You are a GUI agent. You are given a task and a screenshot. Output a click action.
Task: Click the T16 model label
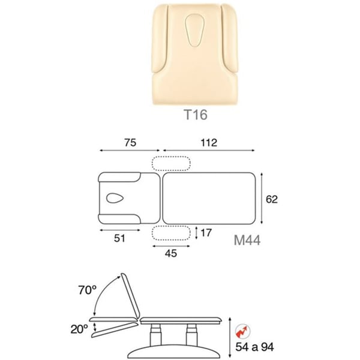(196, 115)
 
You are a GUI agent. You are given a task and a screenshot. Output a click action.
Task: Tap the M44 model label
(247, 241)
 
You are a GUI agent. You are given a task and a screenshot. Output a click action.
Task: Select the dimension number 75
(130, 143)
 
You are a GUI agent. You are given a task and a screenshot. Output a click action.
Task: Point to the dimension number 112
(209, 143)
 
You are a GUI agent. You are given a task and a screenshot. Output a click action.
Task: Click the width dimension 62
(272, 199)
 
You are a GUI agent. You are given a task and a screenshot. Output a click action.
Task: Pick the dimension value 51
(119, 238)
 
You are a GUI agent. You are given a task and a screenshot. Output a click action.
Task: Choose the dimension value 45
(171, 253)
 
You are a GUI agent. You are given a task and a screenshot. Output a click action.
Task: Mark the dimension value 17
(206, 233)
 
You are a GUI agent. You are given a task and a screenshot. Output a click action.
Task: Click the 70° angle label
(87, 290)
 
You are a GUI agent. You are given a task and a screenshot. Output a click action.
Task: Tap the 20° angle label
(79, 329)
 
